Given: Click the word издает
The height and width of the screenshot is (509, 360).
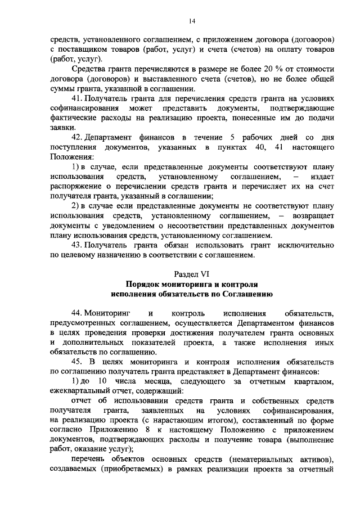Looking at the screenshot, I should (x=323, y=177).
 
